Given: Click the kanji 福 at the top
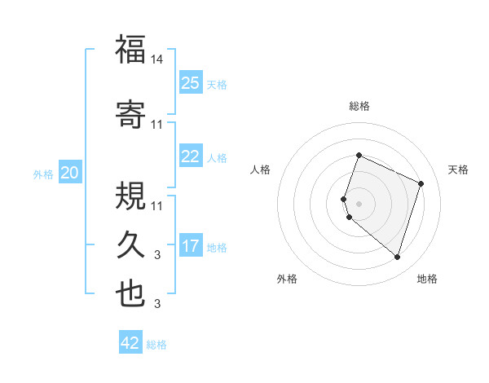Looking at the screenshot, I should coord(130,50).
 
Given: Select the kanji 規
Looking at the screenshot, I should coord(130,195).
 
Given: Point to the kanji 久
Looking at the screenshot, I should coord(130,244).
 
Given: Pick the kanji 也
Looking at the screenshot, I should coord(130,294).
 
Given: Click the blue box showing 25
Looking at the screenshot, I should coord(191,83).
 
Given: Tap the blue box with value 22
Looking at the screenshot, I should coord(191,156).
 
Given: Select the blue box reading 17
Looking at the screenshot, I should coord(191,246).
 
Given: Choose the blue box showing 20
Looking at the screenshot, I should coord(70,173).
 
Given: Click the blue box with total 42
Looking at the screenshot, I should coord(130,343).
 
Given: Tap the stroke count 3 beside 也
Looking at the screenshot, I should coord(158,304).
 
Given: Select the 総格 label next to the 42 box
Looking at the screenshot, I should coord(157,345).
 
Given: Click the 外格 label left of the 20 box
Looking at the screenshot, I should coord(43,174).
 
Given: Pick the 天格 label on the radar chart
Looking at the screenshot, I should coord(459,169).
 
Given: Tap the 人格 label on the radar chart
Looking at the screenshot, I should coord(261,169).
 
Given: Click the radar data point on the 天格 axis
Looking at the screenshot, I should coord(421,183).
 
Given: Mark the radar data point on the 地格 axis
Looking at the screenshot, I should coord(398,257).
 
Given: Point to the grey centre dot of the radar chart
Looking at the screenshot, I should coord(359,203).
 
